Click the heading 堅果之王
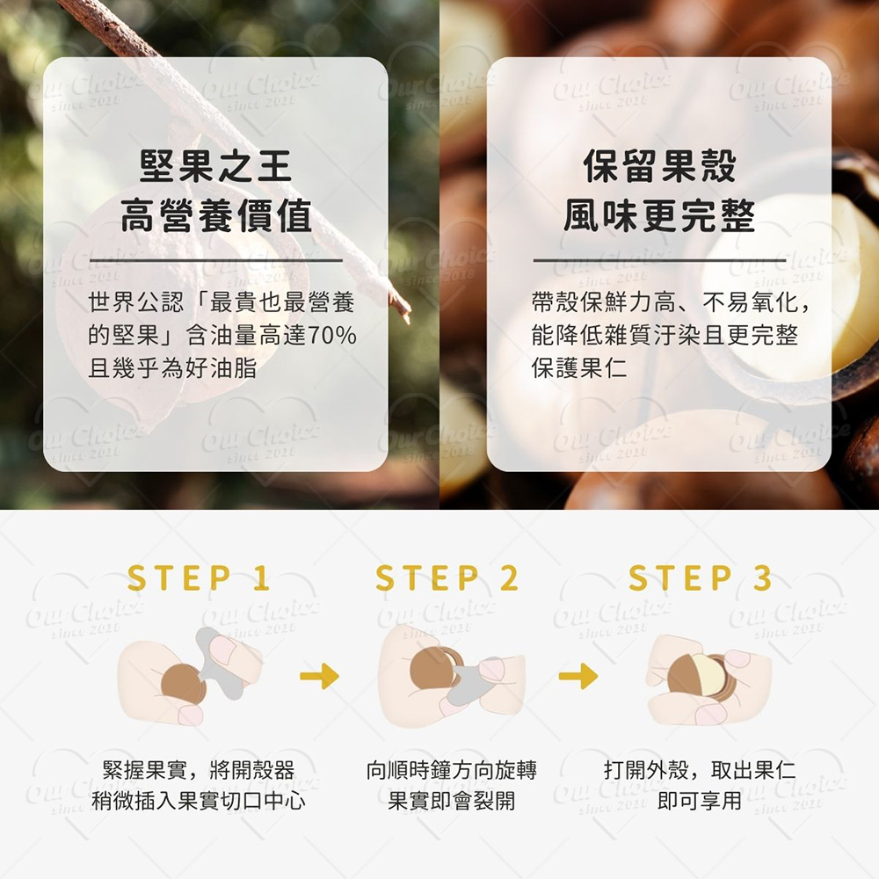(x=216, y=166)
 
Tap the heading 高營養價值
(x=216, y=216)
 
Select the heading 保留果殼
(x=659, y=166)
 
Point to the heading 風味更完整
(x=659, y=216)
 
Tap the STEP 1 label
(x=199, y=578)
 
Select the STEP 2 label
(x=447, y=578)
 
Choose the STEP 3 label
(x=701, y=578)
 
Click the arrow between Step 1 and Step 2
(x=320, y=676)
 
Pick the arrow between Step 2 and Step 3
(x=578, y=676)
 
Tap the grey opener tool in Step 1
(x=221, y=665)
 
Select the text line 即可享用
(x=700, y=801)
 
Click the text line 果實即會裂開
(x=451, y=801)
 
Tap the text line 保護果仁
(x=579, y=368)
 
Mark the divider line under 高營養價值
(x=216, y=261)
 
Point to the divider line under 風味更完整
(x=659, y=261)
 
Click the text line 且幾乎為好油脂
(x=172, y=368)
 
